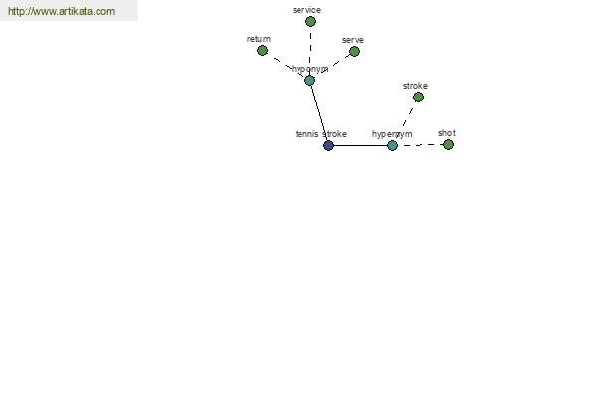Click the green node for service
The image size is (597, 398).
[310, 21]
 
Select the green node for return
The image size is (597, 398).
[262, 51]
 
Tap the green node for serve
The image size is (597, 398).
[354, 51]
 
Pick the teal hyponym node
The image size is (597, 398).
[309, 80]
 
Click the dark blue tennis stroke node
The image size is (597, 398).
[328, 145]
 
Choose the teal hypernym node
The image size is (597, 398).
[392, 145]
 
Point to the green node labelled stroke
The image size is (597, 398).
[418, 98]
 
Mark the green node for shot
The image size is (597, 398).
[448, 144]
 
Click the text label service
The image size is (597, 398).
[306, 10]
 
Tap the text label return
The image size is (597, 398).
[259, 39]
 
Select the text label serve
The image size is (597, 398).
[353, 40]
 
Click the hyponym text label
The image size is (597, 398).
[309, 69]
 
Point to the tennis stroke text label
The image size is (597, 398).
[321, 134]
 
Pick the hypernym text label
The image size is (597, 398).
[392, 134]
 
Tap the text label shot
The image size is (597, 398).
[446, 133]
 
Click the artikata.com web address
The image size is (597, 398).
[62, 11]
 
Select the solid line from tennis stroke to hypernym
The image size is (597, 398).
[360, 145]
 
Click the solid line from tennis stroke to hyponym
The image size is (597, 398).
[319, 112]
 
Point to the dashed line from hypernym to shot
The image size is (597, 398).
[420, 145]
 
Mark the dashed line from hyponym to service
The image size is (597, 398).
[310, 51]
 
